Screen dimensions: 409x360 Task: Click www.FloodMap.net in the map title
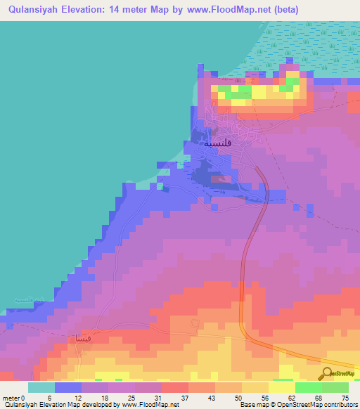[x=221, y=10]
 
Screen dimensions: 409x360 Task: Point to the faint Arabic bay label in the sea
[x=29, y=301]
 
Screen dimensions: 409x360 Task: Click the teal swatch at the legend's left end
[x=41, y=387]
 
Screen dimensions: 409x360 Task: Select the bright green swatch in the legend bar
[x=309, y=387]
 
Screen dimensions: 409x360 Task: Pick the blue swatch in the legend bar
[x=68, y=387]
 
